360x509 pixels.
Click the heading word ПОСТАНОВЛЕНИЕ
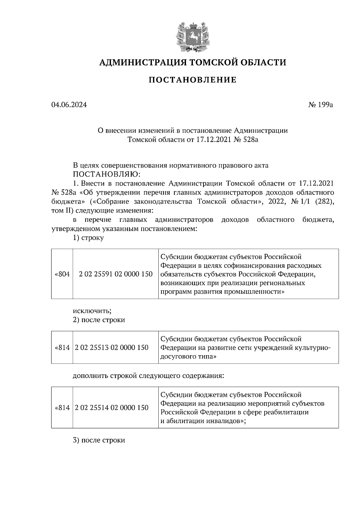[193, 80]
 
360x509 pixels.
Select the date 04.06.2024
[69, 105]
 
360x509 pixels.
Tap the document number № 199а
[320, 105]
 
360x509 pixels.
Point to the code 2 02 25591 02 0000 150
[115, 274]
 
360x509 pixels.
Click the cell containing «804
[62, 274]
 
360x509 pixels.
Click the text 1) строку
[88, 238]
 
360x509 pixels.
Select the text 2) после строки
[99, 320]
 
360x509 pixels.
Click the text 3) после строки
[99, 440]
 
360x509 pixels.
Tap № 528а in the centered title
[245, 140]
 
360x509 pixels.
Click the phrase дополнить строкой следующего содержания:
[148, 376]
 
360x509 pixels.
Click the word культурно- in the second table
[313, 348]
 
